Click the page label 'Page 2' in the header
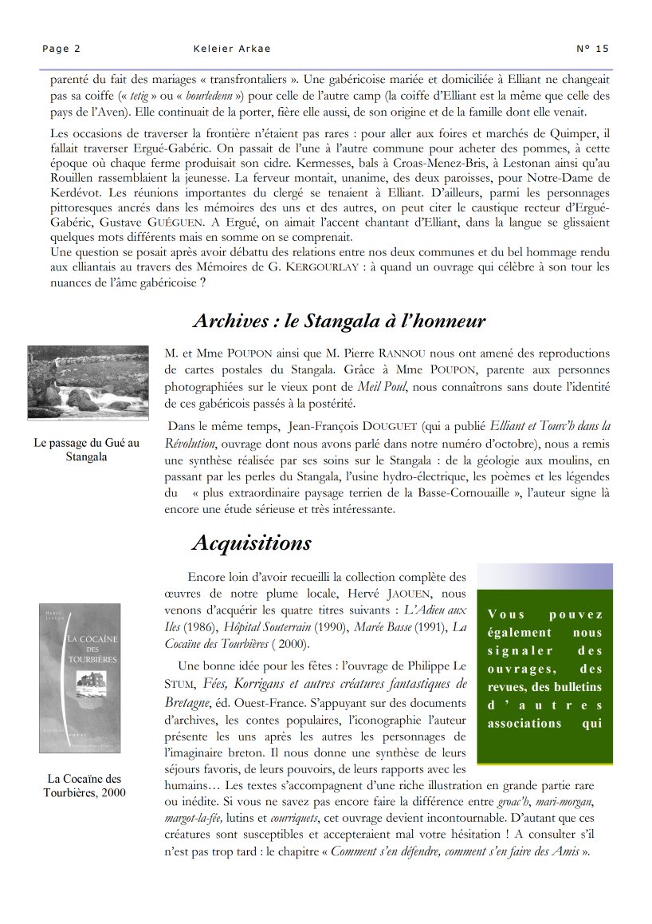[61, 49]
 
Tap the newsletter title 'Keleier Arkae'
[232, 49]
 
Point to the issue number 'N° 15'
[592, 49]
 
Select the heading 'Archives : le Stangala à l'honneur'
[339, 322]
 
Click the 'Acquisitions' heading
[252, 543]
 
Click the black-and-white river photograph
[88, 382]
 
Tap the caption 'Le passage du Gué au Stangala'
[87, 450]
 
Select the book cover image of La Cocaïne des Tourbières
[80, 678]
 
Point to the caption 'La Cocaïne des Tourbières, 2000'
[84, 785]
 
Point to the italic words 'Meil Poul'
[382, 388]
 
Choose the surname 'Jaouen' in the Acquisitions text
[402, 594]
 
